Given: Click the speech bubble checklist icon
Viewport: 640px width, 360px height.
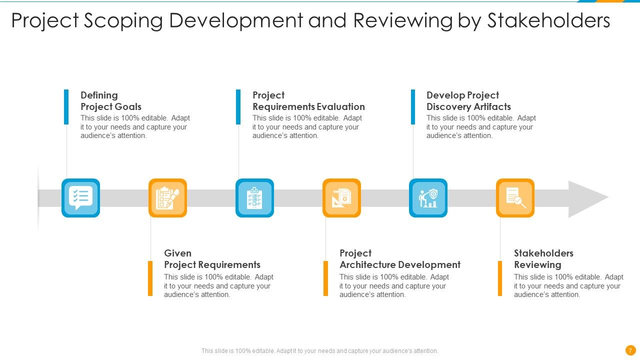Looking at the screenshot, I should pyautogui.click(x=80, y=198).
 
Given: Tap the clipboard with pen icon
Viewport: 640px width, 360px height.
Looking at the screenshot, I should pyautogui.click(x=167, y=198).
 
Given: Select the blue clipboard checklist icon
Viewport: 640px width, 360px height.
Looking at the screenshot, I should pyautogui.click(x=254, y=198).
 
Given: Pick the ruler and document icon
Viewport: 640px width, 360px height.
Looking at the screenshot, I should pyautogui.click(x=341, y=198).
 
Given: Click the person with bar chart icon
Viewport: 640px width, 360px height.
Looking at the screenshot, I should pyautogui.click(x=428, y=198).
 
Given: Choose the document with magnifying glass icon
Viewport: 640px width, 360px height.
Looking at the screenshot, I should pyautogui.click(x=515, y=198).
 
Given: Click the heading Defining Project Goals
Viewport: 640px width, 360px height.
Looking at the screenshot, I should pyautogui.click(x=111, y=101).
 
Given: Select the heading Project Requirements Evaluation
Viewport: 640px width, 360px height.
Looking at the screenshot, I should pyautogui.click(x=308, y=101).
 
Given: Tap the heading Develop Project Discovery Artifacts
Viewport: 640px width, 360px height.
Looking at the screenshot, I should pyautogui.click(x=468, y=101).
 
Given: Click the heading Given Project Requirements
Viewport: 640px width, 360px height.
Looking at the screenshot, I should pyautogui.click(x=212, y=259).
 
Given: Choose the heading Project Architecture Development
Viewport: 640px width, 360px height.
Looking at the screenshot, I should pyautogui.click(x=399, y=259).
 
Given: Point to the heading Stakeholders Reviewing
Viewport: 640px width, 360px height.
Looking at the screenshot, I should pyautogui.click(x=543, y=259).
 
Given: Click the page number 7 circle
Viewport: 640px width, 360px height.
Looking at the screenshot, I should pyautogui.click(x=630, y=350).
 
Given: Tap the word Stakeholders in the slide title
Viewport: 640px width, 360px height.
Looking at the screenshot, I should pyautogui.click(x=548, y=21).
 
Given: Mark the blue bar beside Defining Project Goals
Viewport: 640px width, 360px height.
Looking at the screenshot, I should pyautogui.click(x=66, y=106).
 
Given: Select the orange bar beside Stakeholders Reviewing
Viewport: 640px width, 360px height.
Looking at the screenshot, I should pyautogui.click(x=499, y=278).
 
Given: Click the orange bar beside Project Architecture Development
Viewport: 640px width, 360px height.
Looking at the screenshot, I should pyautogui.click(x=325, y=278).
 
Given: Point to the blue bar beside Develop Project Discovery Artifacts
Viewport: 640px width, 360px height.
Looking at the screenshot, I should pyautogui.click(x=413, y=106).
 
